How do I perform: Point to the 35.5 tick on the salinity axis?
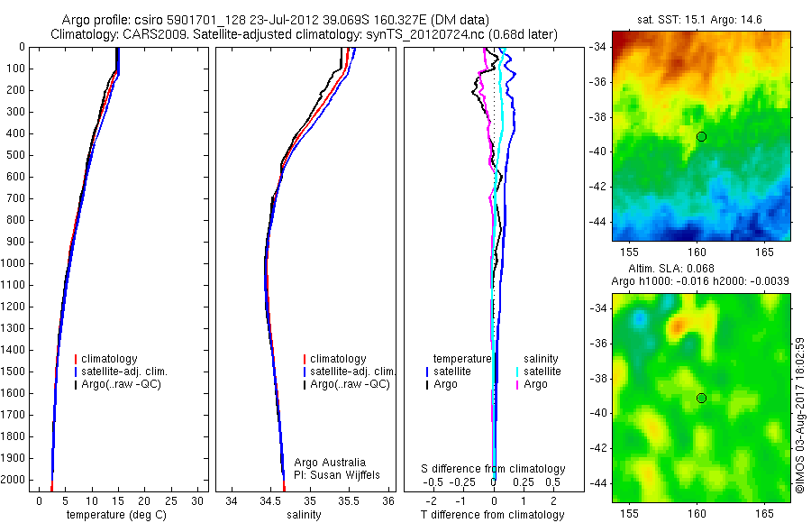[x=349, y=500]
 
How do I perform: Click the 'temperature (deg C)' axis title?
[x=116, y=515]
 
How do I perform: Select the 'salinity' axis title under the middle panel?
[x=305, y=515]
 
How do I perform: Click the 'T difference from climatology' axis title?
[x=492, y=515]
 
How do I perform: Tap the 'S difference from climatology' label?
[x=493, y=469]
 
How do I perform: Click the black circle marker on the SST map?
[x=701, y=137]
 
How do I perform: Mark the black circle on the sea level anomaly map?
[x=701, y=399]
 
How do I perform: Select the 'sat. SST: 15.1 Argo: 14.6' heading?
[x=700, y=20]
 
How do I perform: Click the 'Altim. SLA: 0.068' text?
[x=670, y=268]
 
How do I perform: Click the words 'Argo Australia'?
[x=330, y=463]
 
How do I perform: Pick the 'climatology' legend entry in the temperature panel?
[x=106, y=359]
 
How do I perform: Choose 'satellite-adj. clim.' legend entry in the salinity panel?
[x=349, y=372]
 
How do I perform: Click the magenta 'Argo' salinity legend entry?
[x=531, y=384]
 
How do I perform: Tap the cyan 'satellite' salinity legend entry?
[x=538, y=372]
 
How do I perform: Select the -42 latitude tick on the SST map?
[x=599, y=187]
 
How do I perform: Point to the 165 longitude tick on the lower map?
[x=764, y=513]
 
